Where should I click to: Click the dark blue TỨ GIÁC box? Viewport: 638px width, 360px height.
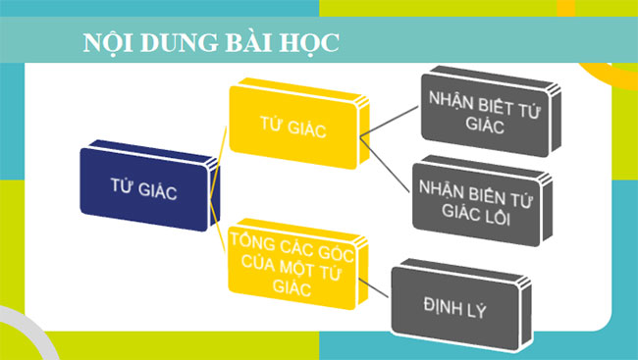144,189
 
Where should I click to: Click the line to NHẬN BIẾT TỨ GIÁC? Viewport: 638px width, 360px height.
391,119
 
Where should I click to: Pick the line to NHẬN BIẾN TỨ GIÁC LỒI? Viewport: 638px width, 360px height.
389,166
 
